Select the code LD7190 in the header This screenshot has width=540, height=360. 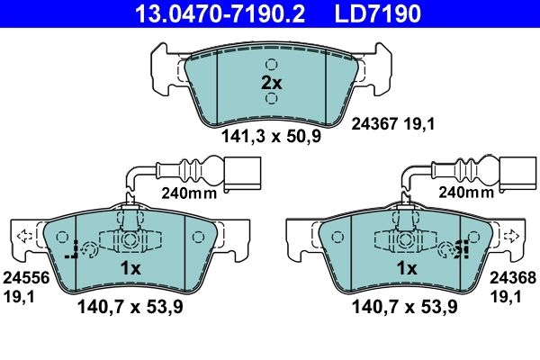coord(380,13)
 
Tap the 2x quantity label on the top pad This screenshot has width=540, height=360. coord(271,82)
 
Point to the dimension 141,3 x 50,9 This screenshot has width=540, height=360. coord(270,138)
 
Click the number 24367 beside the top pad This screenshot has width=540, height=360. coord(373,126)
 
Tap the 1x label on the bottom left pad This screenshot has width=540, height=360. coord(131,269)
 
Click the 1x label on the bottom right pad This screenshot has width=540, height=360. coord(406,269)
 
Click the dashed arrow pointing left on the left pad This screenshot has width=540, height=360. coord(23,237)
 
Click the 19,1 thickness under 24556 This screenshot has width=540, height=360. coord(17,294)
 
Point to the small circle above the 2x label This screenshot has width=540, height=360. coord(271,65)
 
